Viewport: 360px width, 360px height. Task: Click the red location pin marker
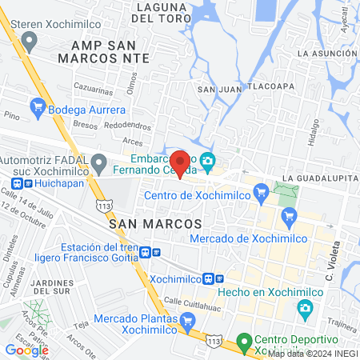pyautogui.click(x=181, y=162)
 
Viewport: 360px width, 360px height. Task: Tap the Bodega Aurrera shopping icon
pyautogui.click(x=37, y=106)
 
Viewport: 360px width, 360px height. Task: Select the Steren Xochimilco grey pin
pyautogui.click(x=30, y=42)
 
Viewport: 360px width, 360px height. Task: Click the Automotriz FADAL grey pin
pyautogui.click(x=99, y=164)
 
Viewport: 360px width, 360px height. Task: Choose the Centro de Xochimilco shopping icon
pyautogui.click(x=260, y=192)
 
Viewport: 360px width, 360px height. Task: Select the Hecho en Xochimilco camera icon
pyautogui.click(x=304, y=307)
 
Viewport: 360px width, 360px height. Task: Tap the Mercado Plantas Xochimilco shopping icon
pyautogui.click(x=188, y=322)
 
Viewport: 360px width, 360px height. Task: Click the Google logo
pyautogui.click(x=26, y=350)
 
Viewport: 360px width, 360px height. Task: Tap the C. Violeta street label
pyautogui.click(x=329, y=265)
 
